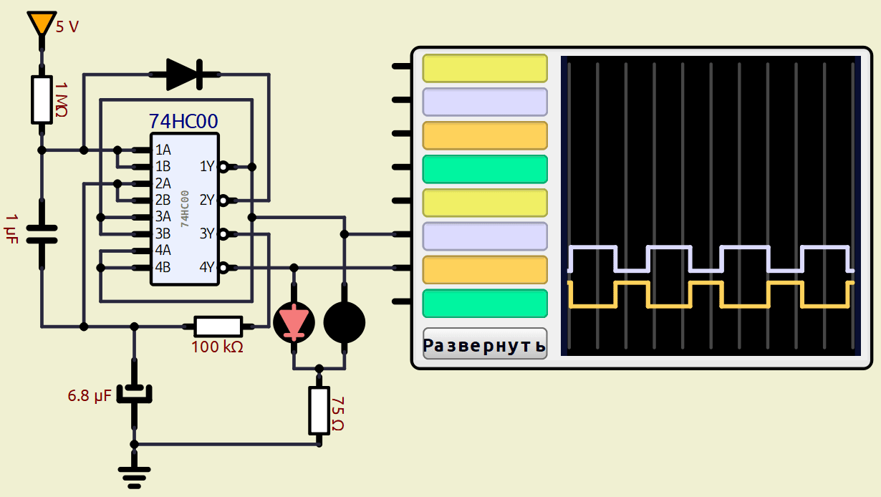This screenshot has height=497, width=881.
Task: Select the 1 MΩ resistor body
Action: pos(42,100)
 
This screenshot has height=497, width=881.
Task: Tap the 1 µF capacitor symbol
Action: pos(42,234)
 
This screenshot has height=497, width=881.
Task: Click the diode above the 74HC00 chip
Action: pos(183,74)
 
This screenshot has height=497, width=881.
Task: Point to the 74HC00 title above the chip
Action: pos(183,121)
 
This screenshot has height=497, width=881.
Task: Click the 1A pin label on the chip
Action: pos(163,150)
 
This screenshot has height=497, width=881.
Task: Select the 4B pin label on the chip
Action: pos(163,267)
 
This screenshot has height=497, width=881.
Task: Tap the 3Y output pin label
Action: pos(207,233)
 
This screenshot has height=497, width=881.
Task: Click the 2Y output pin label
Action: pos(207,200)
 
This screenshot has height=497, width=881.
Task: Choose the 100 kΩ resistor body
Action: pos(218,327)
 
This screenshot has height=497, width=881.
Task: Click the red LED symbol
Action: pos(294,322)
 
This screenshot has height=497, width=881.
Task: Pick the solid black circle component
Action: pos(345,322)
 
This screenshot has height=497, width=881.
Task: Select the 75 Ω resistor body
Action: pos(319,410)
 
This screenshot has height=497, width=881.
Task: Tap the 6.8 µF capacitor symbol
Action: pos(134,394)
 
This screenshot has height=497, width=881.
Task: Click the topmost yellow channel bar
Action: pos(485,68)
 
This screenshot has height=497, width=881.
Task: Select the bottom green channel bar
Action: pos(485,304)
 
